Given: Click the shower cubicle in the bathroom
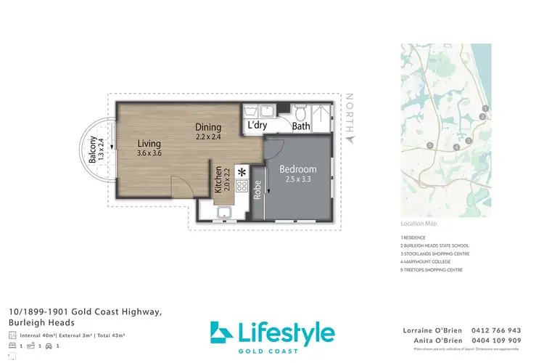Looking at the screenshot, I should click(x=320, y=115).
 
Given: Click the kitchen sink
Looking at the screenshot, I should click(x=224, y=212).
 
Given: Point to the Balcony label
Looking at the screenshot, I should click(x=92, y=153).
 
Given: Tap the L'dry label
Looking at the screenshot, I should click(x=257, y=126).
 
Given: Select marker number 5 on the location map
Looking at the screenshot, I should click(x=430, y=145).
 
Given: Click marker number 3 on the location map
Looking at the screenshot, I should click(x=469, y=140).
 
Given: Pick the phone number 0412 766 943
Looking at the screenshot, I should click(x=497, y=330).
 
